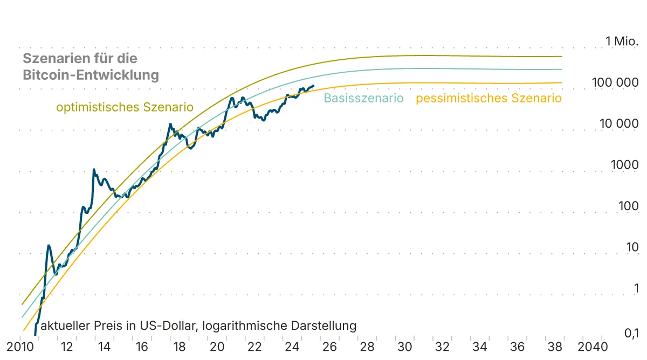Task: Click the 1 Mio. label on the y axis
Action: (x=622, y=41)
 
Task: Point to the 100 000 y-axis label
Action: (x=615, y=82)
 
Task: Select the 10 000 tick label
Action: (x=618, y=123)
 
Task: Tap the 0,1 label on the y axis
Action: (x=631, y=334)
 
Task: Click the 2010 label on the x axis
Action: (x=20, y=346)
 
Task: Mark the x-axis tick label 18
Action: (x=180, y=346)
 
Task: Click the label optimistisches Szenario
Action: (x=125, y=107)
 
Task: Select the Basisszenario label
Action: (x=363, y=98)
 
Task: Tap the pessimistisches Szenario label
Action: (x=488, y=98)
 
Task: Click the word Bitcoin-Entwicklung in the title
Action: (x=91, y=75)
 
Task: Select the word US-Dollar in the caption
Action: (x=164, y=326)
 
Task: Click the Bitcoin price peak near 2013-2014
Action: (x=94, y=169)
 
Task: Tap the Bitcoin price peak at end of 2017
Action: (x=170, y=124)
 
